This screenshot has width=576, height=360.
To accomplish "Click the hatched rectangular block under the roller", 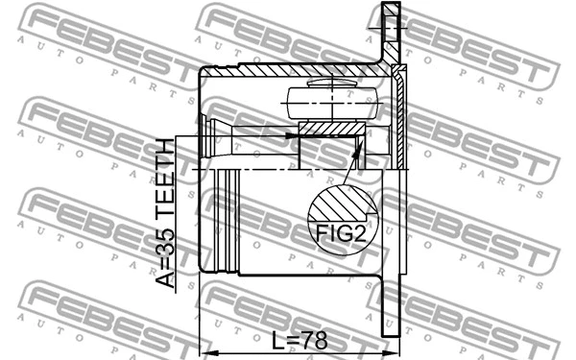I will point(332,129).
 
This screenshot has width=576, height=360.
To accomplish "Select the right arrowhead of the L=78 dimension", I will point(390,348).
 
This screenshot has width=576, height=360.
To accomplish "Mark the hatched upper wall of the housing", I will point(288,69).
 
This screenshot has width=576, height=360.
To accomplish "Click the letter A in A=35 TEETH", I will point(167,279).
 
